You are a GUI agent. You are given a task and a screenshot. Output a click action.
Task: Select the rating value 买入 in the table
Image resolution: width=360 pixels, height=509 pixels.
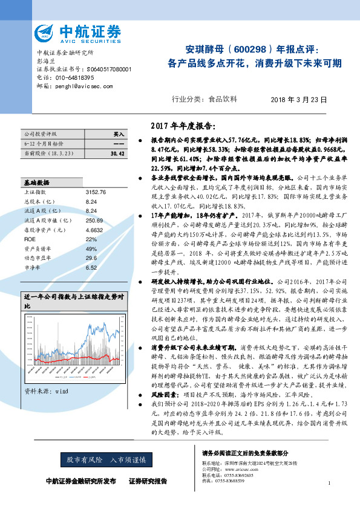(119, 134)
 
